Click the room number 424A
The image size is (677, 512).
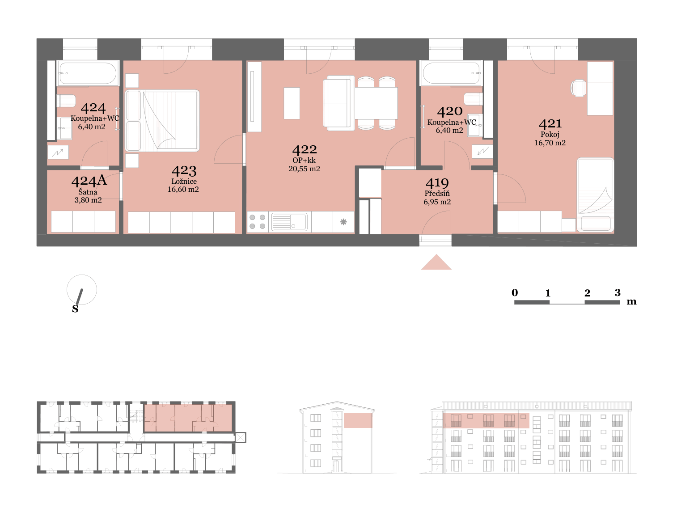[89, 181]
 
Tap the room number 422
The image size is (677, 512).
[305, 150]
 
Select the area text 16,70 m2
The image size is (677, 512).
[550, 143]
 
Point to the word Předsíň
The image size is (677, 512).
[437, 193]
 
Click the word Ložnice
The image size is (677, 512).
[184, 182]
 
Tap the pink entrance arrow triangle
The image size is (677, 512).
[436, 262]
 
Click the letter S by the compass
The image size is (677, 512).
[75, 309]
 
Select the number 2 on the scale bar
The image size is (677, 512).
[587, 293]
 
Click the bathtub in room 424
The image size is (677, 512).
[88, 73]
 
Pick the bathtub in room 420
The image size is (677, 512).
[451, 73]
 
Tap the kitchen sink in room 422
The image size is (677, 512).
[289, 222]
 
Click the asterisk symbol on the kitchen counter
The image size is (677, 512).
[343, 222]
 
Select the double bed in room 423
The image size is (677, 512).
[162, 121]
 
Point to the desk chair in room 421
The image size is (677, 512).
[578, 88]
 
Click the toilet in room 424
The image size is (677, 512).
[66, 101]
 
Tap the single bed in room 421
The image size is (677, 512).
[595, 195]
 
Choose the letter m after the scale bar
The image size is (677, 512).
[631, 301]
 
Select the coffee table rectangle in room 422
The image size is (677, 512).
[292, 103]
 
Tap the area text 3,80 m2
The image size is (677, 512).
[88, 200]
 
